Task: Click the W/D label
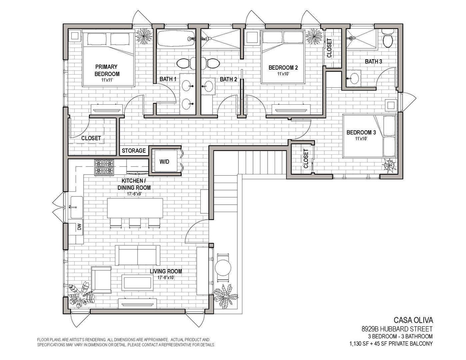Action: (x=164, y=161)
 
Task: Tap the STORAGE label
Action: (x=134, y=151)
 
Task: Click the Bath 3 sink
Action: (x=353, y=79)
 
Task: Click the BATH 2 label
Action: (x=228, y=79)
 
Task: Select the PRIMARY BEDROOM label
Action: (x=107, y=70)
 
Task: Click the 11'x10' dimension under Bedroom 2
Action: (x=283, y=74)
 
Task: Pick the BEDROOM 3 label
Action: (x=361, y=133)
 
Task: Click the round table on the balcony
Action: (x=223, y=268)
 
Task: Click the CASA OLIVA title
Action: (x=413, y=326)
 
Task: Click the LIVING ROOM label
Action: (x=166, y=271)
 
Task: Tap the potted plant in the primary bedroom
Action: (x=144, y=36)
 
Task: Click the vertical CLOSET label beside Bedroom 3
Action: (x=306, y=159)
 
